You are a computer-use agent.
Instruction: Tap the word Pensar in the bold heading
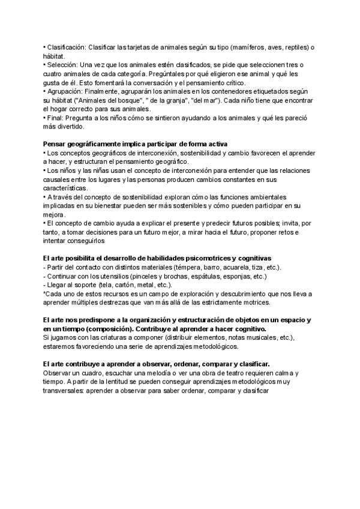(55, 144)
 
